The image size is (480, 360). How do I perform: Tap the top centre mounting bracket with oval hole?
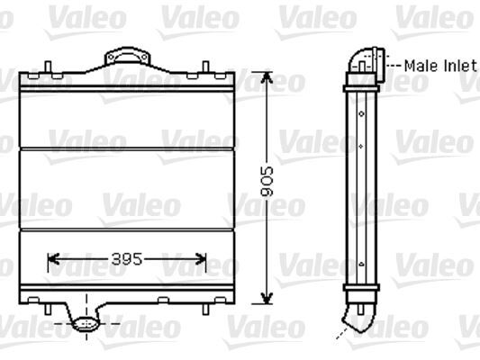[126, 59]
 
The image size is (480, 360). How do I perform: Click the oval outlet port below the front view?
[86, 323]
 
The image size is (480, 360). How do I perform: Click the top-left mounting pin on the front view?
[47, 67]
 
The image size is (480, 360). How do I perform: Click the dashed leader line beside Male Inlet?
[394, 66]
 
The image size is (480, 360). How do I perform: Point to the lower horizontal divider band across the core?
[126, 229]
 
